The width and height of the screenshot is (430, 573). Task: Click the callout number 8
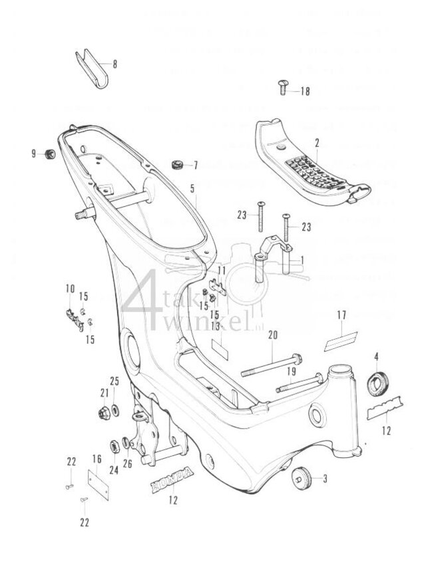tap(114, 64)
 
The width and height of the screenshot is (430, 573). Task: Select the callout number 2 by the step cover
tap(317, 142)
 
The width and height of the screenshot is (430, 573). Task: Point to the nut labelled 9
tap(48, 154)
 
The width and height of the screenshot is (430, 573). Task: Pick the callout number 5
tap(192, 189)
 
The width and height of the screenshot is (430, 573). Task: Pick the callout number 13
tap(215, 325)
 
